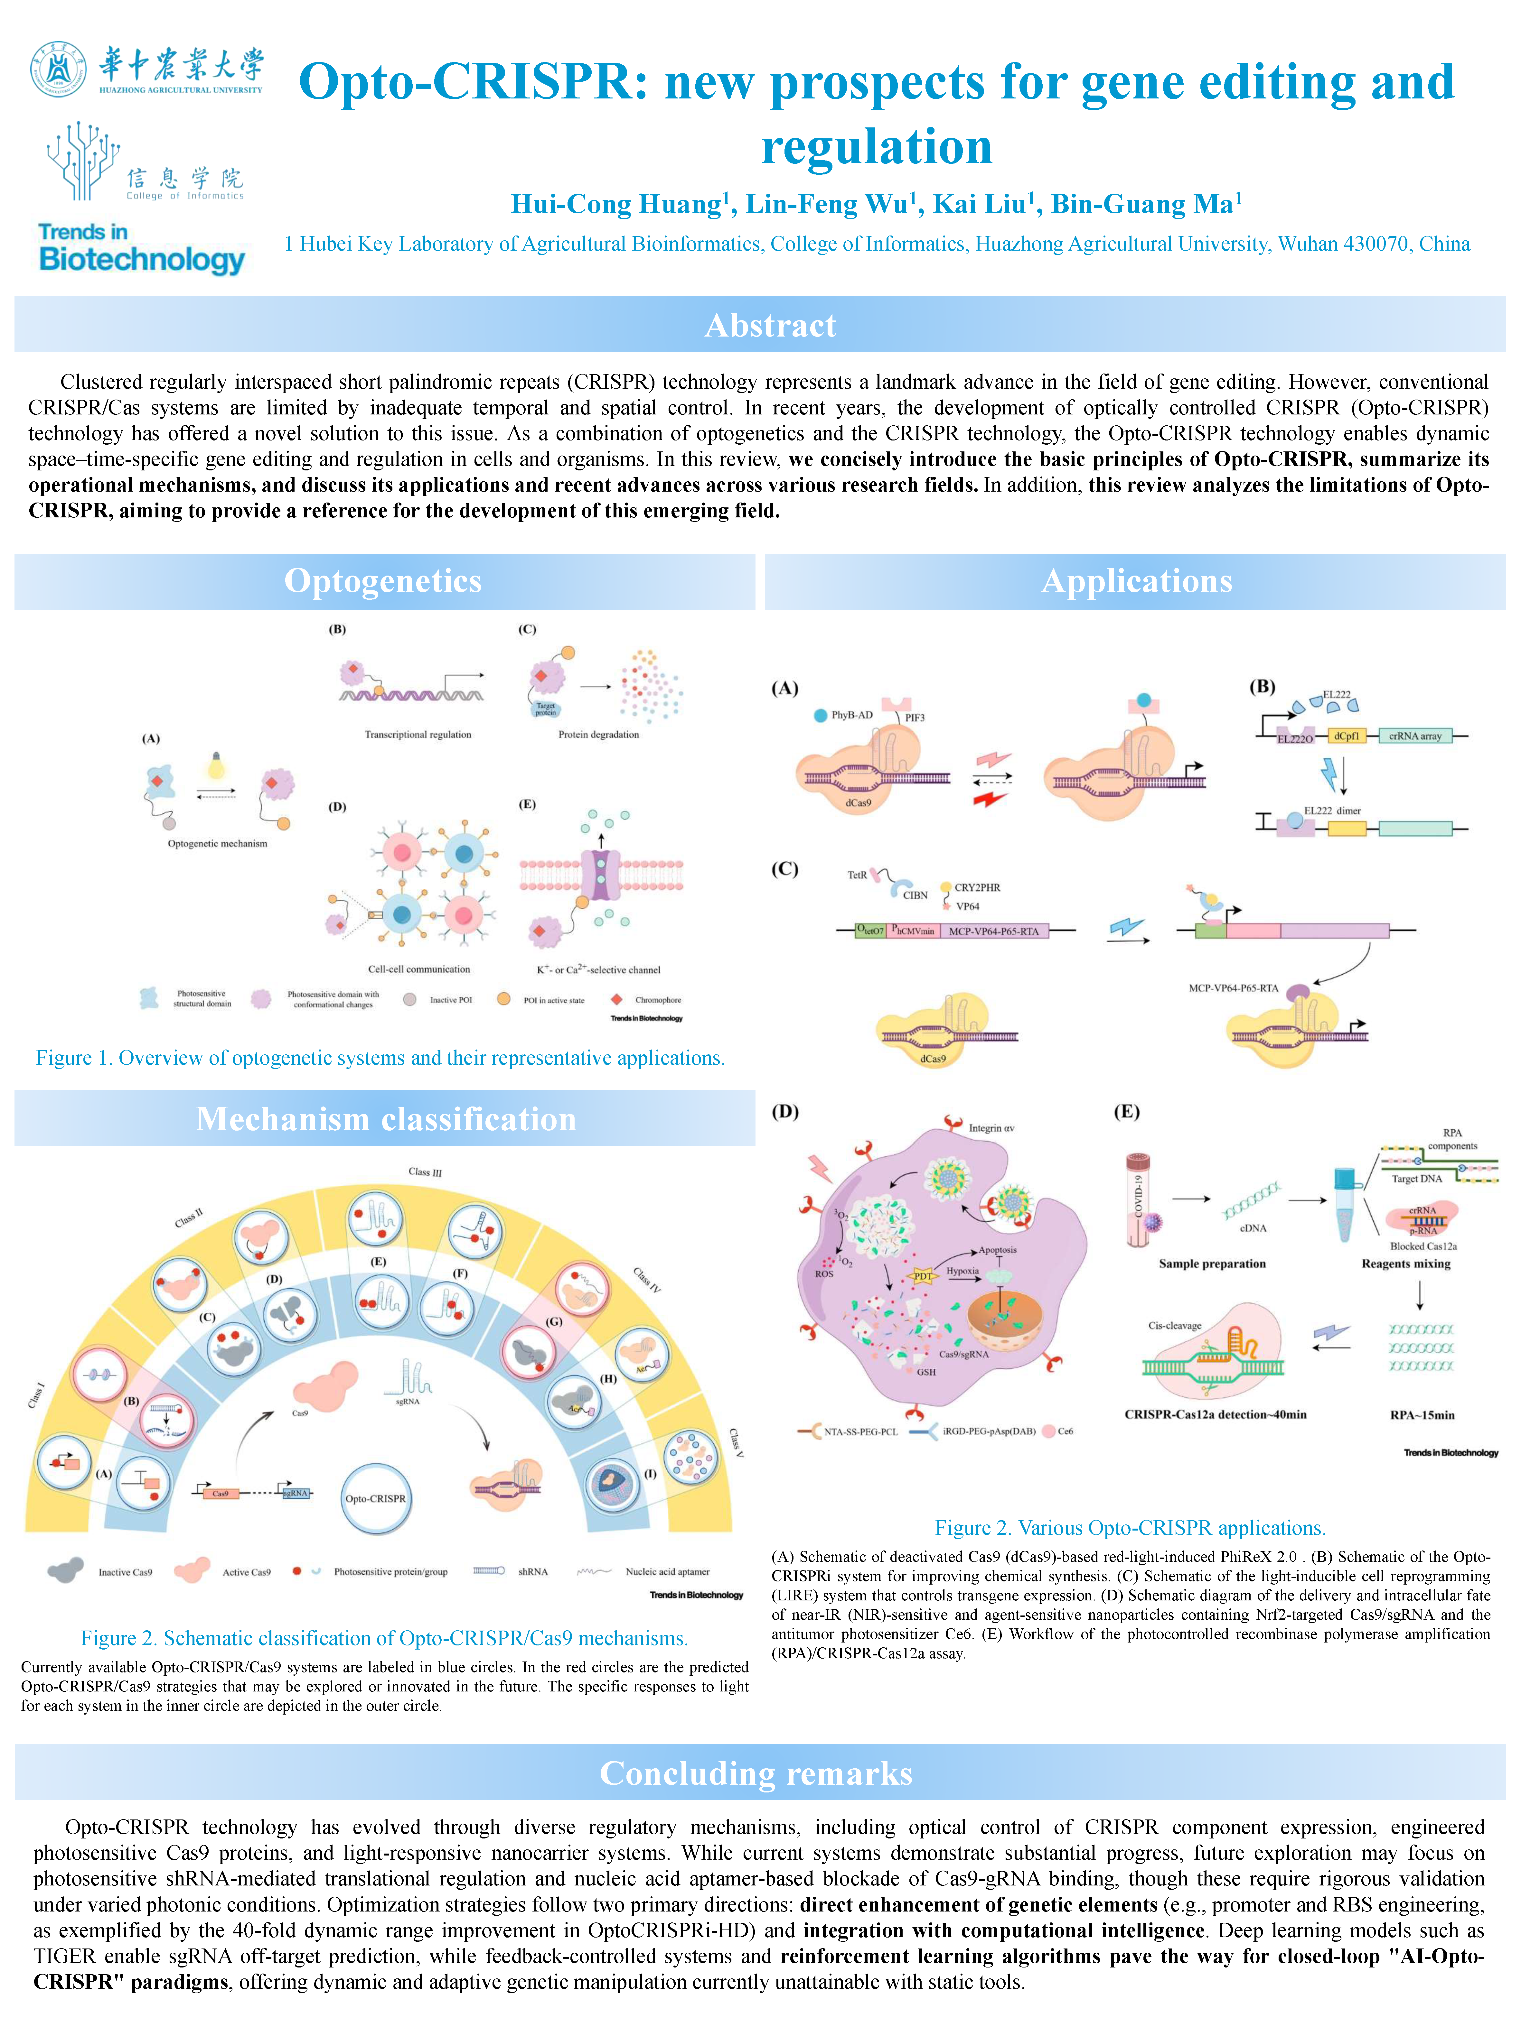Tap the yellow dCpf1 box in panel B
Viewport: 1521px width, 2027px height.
coord(1346,736)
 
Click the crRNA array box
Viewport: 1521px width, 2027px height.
coord(1415,736)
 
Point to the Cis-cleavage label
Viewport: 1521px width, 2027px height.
coord(1174,1325)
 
